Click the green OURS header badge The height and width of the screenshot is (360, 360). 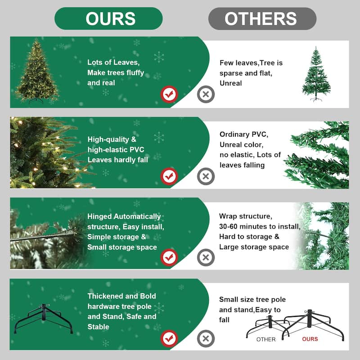pos(108,18)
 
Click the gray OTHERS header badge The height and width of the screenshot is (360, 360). pos(262,18)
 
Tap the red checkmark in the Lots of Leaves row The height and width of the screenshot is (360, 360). pos(170,94)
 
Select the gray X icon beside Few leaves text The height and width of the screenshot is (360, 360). pos(206,94)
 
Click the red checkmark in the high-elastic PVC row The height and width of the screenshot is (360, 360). pos(170,176)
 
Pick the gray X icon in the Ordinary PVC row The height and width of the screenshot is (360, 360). pos(206,176)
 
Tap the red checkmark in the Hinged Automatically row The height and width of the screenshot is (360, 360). pos(170,257)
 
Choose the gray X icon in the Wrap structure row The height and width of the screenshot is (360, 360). pos(206,257)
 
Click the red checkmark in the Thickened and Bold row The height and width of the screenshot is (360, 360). pos(170,337)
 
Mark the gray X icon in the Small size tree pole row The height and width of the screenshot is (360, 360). pos(206,337)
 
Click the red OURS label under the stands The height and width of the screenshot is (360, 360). pos(310,339)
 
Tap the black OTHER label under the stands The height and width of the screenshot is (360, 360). pos(266,339)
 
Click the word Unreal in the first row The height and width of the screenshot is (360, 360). pos(231,83)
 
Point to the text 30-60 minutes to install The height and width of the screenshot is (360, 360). pos(259,226)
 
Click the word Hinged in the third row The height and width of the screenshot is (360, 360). pos(100,217)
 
